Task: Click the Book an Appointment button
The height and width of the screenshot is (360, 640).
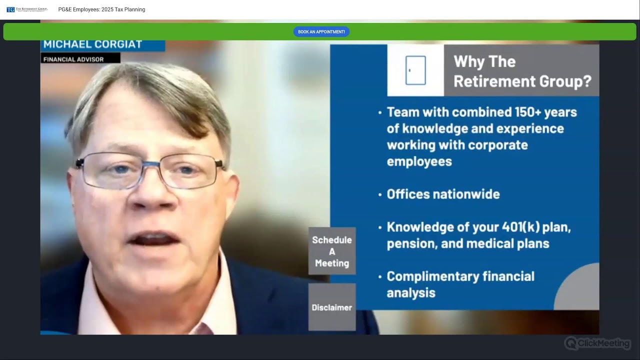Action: coord(321,31)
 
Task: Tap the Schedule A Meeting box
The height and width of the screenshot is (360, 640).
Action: coord(332,251)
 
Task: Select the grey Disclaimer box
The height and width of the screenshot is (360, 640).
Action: coord(332,307)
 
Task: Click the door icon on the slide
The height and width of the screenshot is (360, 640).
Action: coord(415,70)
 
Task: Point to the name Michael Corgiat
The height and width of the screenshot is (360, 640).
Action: coord(93,44)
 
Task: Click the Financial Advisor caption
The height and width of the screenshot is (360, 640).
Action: coord(73,59)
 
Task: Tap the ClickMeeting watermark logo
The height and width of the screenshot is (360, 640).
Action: coord(597,343)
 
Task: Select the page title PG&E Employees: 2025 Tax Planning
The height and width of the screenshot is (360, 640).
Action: coord(101,9)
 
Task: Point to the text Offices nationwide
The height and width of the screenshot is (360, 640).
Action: coord(443,194)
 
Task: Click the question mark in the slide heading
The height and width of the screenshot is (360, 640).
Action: coord(587,81)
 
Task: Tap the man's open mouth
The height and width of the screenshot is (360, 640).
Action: coord(153,238)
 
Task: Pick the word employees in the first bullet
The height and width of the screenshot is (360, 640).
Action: coord(419,161)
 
